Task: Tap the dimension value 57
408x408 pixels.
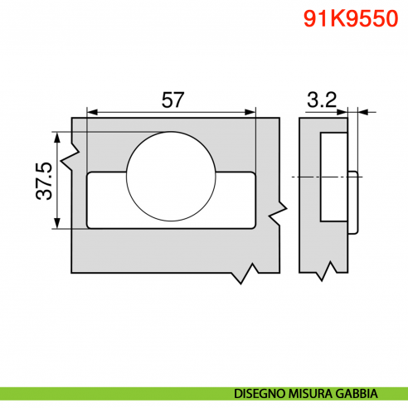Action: point(172,100)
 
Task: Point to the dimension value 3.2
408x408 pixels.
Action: point(320,100)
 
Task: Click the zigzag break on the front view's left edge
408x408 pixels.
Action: point(75,153)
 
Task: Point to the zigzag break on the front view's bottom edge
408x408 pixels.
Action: point(245,273)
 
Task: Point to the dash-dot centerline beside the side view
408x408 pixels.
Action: point(299,177)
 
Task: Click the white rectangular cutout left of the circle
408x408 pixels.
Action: point(107,199)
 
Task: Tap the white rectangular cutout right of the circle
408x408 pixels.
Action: point(236,199)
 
